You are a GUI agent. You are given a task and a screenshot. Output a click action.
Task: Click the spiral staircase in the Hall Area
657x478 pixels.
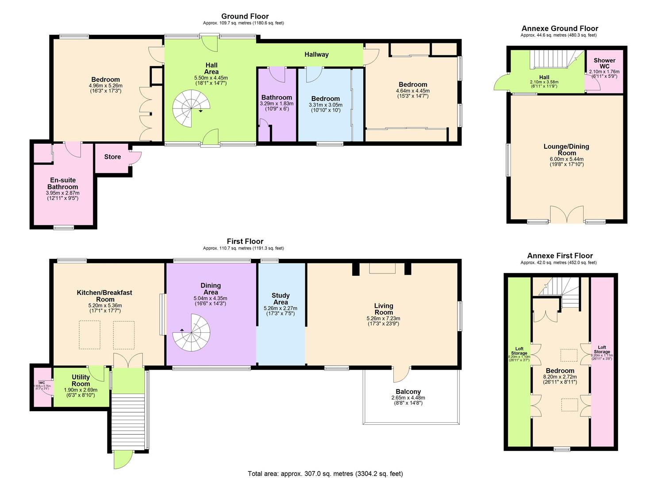190,108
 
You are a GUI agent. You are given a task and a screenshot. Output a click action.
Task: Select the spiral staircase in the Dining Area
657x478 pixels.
192,332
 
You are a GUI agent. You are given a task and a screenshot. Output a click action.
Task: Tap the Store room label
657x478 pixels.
112,157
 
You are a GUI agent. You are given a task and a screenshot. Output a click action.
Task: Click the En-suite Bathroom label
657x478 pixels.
62,184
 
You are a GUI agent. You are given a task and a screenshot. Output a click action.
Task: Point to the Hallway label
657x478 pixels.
316,54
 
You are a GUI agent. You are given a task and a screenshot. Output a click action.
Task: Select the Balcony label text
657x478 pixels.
408,392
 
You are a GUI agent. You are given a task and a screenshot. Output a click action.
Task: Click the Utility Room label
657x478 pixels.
81,381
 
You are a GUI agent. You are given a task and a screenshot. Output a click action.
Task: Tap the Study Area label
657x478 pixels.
280,299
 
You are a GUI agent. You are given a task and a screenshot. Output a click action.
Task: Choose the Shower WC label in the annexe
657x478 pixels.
604,63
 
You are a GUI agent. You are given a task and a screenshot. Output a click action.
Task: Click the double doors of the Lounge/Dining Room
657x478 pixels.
568,215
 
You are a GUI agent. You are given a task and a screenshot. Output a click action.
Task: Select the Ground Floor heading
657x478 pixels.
245,16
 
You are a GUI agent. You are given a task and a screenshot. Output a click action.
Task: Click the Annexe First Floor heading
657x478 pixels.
560,256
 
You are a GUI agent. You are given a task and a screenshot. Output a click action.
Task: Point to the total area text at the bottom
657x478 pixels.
325,474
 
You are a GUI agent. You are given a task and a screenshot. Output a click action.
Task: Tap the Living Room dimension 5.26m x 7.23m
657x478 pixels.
383,318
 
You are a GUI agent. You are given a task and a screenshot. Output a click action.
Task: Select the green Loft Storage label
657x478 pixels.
519,351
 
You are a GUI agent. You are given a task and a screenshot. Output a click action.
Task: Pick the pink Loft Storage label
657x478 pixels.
602,350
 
